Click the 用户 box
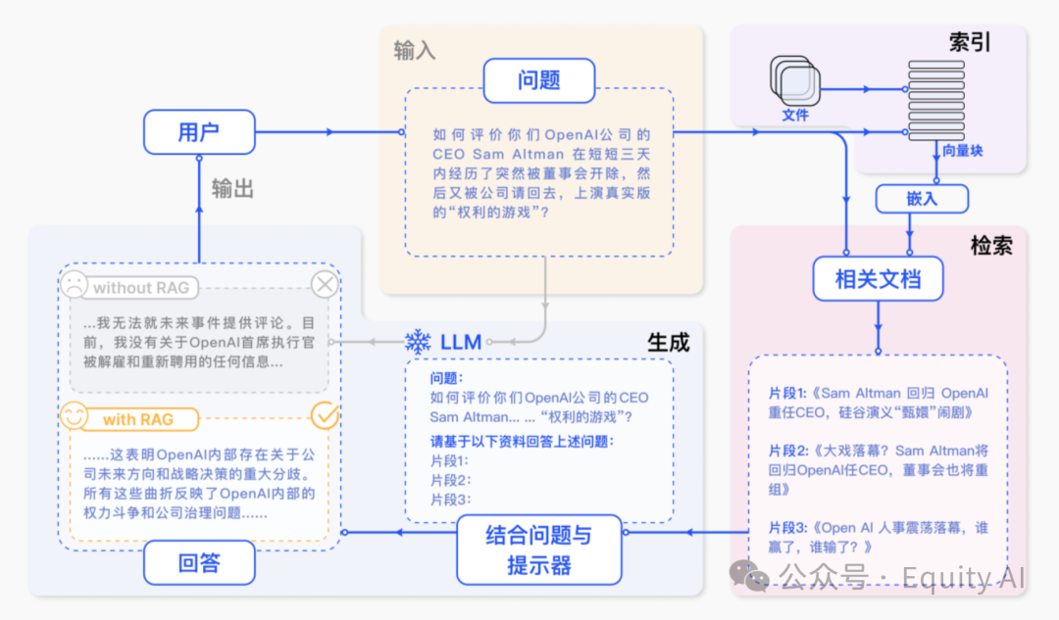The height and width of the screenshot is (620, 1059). [199, 132]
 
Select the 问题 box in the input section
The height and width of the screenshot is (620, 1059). [538, 80]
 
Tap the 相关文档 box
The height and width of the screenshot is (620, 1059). [878, 279]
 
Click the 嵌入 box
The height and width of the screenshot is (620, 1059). [921, 199]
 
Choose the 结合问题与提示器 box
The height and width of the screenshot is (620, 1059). [538, 549]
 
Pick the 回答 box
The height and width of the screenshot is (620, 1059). [199, 562]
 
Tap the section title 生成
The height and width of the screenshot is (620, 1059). [668, 342]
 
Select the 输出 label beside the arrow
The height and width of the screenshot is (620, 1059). [232, 189]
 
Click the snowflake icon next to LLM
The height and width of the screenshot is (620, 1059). [419, 342]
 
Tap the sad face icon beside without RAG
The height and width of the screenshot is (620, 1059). [74, 286]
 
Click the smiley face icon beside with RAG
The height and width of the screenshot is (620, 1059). [74, 417]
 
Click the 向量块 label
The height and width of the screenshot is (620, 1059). [962, 151]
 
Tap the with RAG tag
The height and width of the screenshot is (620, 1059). [137, 419]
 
